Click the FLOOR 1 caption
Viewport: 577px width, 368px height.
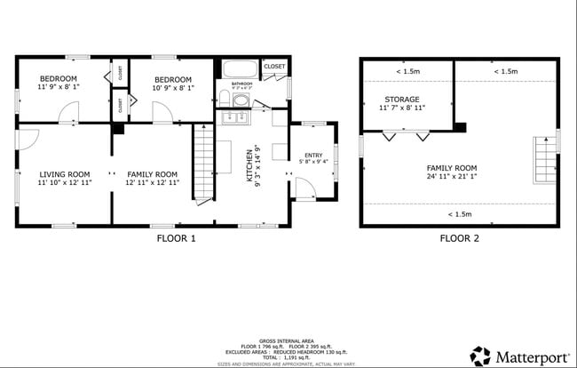[176, 238]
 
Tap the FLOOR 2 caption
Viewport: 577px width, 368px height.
[460, 238]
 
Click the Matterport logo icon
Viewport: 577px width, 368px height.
[480, 356]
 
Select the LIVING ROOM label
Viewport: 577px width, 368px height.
[65, 174]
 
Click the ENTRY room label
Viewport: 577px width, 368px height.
[314, 156]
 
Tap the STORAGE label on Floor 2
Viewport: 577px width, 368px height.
[402, 99]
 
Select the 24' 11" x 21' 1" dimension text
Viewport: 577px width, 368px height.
[452, 176]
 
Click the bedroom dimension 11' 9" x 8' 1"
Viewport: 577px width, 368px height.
[58, 88]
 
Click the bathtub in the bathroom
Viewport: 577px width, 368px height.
[239, 69]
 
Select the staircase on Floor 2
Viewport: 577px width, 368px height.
[543, 160]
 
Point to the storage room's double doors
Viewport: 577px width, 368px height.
[406, 136]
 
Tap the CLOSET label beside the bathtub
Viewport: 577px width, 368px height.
[274, 67]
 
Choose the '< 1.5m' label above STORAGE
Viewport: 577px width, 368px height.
[408, 71]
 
